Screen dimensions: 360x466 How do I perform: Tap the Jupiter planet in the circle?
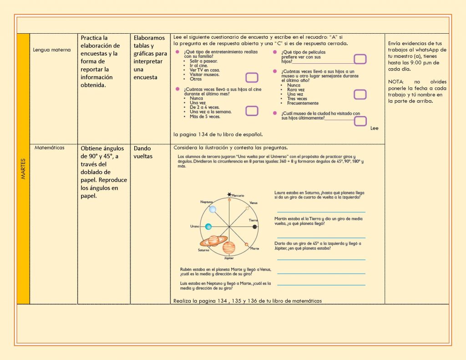coord(229,248)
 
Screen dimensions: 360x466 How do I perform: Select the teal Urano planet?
coord(208,227)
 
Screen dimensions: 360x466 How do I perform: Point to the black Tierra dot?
coord(255,227)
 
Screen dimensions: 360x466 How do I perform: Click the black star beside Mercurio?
coord(229,195)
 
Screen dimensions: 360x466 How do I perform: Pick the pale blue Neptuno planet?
coord(212,209)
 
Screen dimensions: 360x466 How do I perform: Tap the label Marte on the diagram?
coord(254,248)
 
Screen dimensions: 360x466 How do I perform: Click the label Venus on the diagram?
coord(253,203)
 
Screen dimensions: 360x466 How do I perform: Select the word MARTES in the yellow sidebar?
coord(23,168)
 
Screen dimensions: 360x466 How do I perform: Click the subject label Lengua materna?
coord(52,50)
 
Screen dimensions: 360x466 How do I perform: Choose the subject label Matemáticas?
coord(50,148)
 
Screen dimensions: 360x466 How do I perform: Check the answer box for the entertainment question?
coord(252,77)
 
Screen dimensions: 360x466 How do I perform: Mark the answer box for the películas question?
coord(360,59)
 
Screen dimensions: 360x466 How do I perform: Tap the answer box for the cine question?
coord(252,111)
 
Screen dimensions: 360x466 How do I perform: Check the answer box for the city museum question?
coord(360,121)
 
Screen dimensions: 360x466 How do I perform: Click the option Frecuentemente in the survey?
coord(303,103)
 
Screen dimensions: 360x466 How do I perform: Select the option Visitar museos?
coord(204,75)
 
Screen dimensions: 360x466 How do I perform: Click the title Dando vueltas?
coord(143,152)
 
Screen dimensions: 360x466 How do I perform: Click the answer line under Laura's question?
coord(321,212)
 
